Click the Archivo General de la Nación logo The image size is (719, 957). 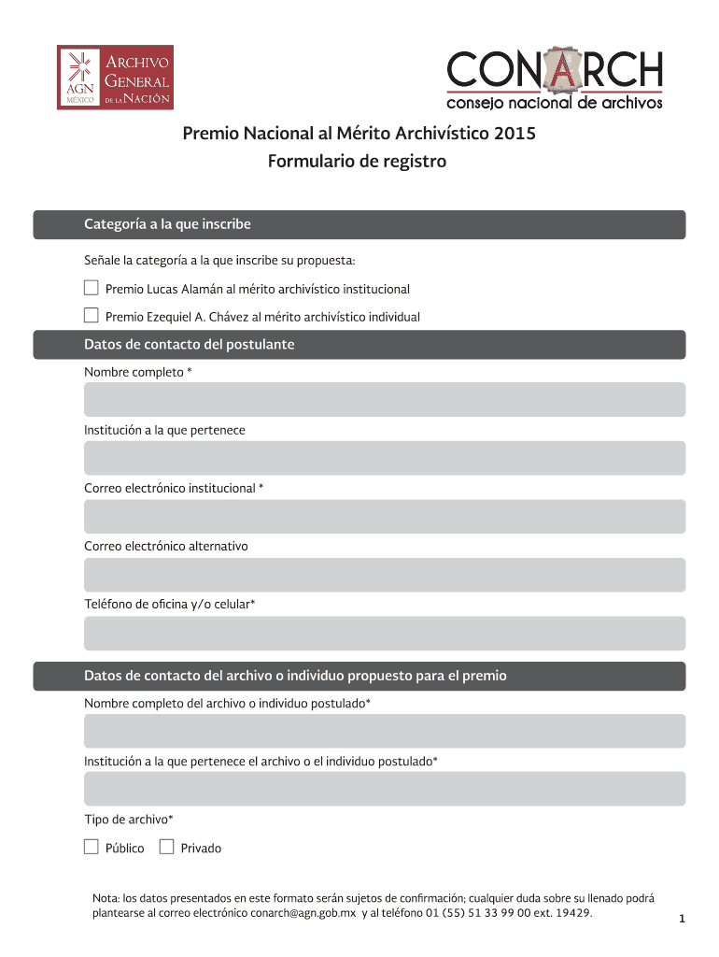click(x=115, y=78)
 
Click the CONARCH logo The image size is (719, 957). click(x=555, y=79)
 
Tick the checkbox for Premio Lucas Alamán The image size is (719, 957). click(x=92, y=287)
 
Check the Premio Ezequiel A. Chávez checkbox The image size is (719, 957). click(x=92, y=315)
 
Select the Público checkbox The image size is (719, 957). click(x=92, y=847)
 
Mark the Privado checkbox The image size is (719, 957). click(x=167, y=847)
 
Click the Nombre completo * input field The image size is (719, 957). click(x=385, y=399)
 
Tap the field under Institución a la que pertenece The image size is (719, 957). click(x=385, y=458)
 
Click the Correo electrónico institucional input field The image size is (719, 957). click(x=385, y=517)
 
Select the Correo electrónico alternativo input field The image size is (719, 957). click(x=385, y=575)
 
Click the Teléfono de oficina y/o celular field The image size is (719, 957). click(x=385, y=633)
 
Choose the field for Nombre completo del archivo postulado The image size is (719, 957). click(x=385, y=731)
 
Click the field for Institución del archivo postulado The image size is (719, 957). click(x=385, y=789)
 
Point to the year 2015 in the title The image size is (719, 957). click(x=516, y=134)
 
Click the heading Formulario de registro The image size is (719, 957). click(x=358, y=162)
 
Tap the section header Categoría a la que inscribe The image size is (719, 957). click(x=168, y=224)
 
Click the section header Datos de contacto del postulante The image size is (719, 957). click(x=190, y=345)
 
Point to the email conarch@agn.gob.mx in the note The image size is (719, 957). click(x=303, y=912)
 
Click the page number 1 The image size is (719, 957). click(x=683, y=920)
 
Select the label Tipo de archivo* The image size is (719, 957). click(x=129, y=820)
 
